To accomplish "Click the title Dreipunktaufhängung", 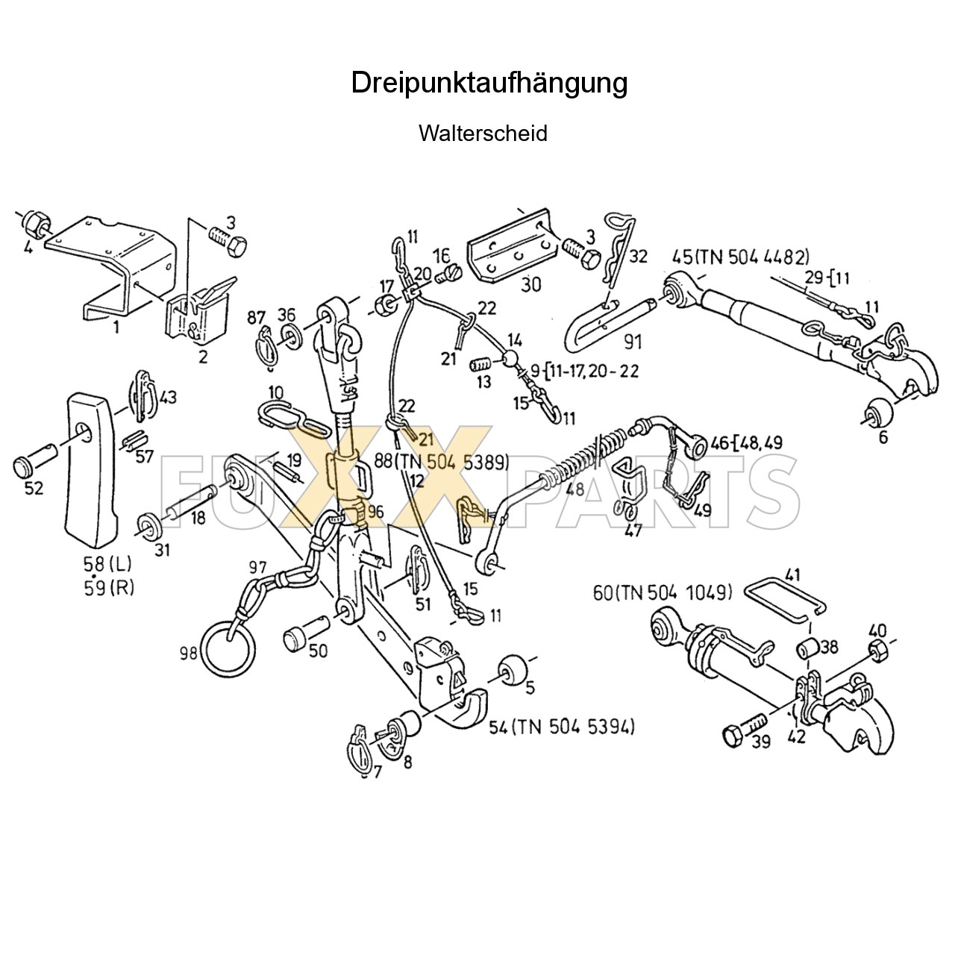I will click(x=489, y=83).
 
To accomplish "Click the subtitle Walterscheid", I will click(x=483, y=134).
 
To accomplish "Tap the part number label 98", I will click(x=188, y=654).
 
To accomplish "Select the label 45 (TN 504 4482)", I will click(x=740, y=257).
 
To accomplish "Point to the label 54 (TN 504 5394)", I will click(x=561, y=726).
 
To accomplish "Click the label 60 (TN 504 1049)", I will click(x=663, y=593).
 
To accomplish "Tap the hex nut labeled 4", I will click(x=34, y=222).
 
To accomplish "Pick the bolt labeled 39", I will click(x=743, y=730).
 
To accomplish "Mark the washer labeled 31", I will click(x=148, y=525).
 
